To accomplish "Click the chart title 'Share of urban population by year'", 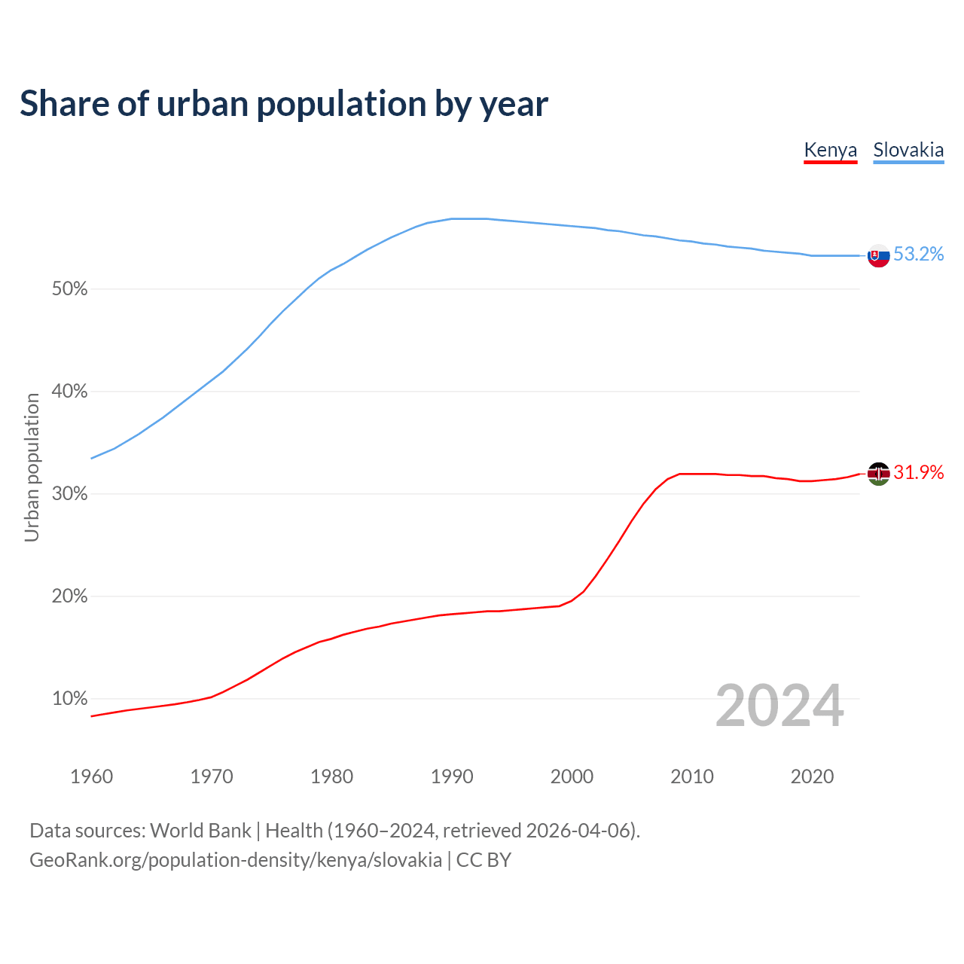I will click(284, 104).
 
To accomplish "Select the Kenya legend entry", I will click(830, 150).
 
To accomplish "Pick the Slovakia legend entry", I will click(908, 150).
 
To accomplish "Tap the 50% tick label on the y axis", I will click(69, 289).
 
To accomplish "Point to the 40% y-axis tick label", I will click(69, 392).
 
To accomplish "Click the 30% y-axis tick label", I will click(69, 494).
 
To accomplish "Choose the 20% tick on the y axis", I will click(69, 596).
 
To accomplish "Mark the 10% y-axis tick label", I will click(69, 699).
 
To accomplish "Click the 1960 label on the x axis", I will click(91, 776).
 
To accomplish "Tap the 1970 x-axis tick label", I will click(212, 776).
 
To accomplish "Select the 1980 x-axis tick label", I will click(331, 776).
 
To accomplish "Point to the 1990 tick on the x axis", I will click(452, 776).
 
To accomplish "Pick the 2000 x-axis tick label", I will click(572, 776).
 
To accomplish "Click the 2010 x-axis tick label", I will click(692, 776).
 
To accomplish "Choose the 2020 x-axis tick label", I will click(812, 776).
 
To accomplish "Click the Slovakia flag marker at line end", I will click(878, 255).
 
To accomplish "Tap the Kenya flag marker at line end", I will click(878, 474).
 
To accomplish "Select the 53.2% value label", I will click(919, 255).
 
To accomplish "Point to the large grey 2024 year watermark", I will click(779, 706).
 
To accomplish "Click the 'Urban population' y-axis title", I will click(32, 467).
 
